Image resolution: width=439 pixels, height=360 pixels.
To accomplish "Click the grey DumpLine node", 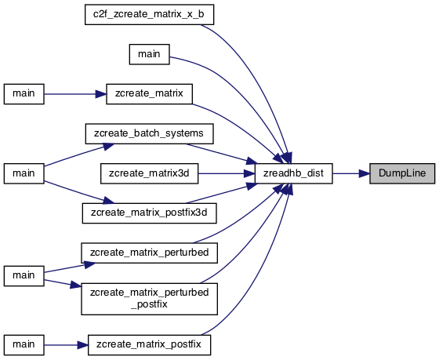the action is (402, 173).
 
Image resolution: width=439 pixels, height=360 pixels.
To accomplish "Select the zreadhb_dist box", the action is (294, 173).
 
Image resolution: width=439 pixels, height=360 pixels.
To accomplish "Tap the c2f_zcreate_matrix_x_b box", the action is (149, 14).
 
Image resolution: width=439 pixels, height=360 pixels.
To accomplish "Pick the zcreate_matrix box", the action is (149, 94).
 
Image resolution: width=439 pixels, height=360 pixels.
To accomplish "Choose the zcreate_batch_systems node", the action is (149, 133).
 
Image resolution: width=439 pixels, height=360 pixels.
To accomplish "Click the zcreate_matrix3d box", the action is (149, 173).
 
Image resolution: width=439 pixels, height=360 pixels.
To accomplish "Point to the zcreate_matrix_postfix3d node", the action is (149, 213).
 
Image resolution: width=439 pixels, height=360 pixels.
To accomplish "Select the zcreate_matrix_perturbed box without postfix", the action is (149, 253).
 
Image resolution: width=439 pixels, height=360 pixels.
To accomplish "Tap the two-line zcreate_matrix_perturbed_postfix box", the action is (149, 299).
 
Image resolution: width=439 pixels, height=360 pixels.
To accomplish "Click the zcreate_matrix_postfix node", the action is (149, 344).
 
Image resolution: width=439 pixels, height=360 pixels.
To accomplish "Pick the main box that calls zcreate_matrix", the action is (24, 94).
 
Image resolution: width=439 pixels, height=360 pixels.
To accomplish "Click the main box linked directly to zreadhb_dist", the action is (149, 54).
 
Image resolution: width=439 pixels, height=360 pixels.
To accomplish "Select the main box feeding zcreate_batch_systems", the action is (24, 173).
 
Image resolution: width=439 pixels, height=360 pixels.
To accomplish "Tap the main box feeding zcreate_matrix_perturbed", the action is (24, 276).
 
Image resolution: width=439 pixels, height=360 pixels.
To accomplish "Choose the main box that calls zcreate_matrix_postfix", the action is (24, 344).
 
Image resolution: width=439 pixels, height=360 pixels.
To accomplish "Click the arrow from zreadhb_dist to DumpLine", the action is (351, 173).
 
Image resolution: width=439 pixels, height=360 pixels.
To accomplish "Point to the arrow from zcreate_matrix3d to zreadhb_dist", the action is (227, 173).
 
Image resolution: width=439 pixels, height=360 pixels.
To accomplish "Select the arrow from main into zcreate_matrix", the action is (75, 94).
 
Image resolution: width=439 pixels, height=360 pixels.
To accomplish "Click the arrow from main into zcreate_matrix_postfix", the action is (66, 345).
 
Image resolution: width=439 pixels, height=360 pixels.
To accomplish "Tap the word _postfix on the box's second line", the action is (149, 304).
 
